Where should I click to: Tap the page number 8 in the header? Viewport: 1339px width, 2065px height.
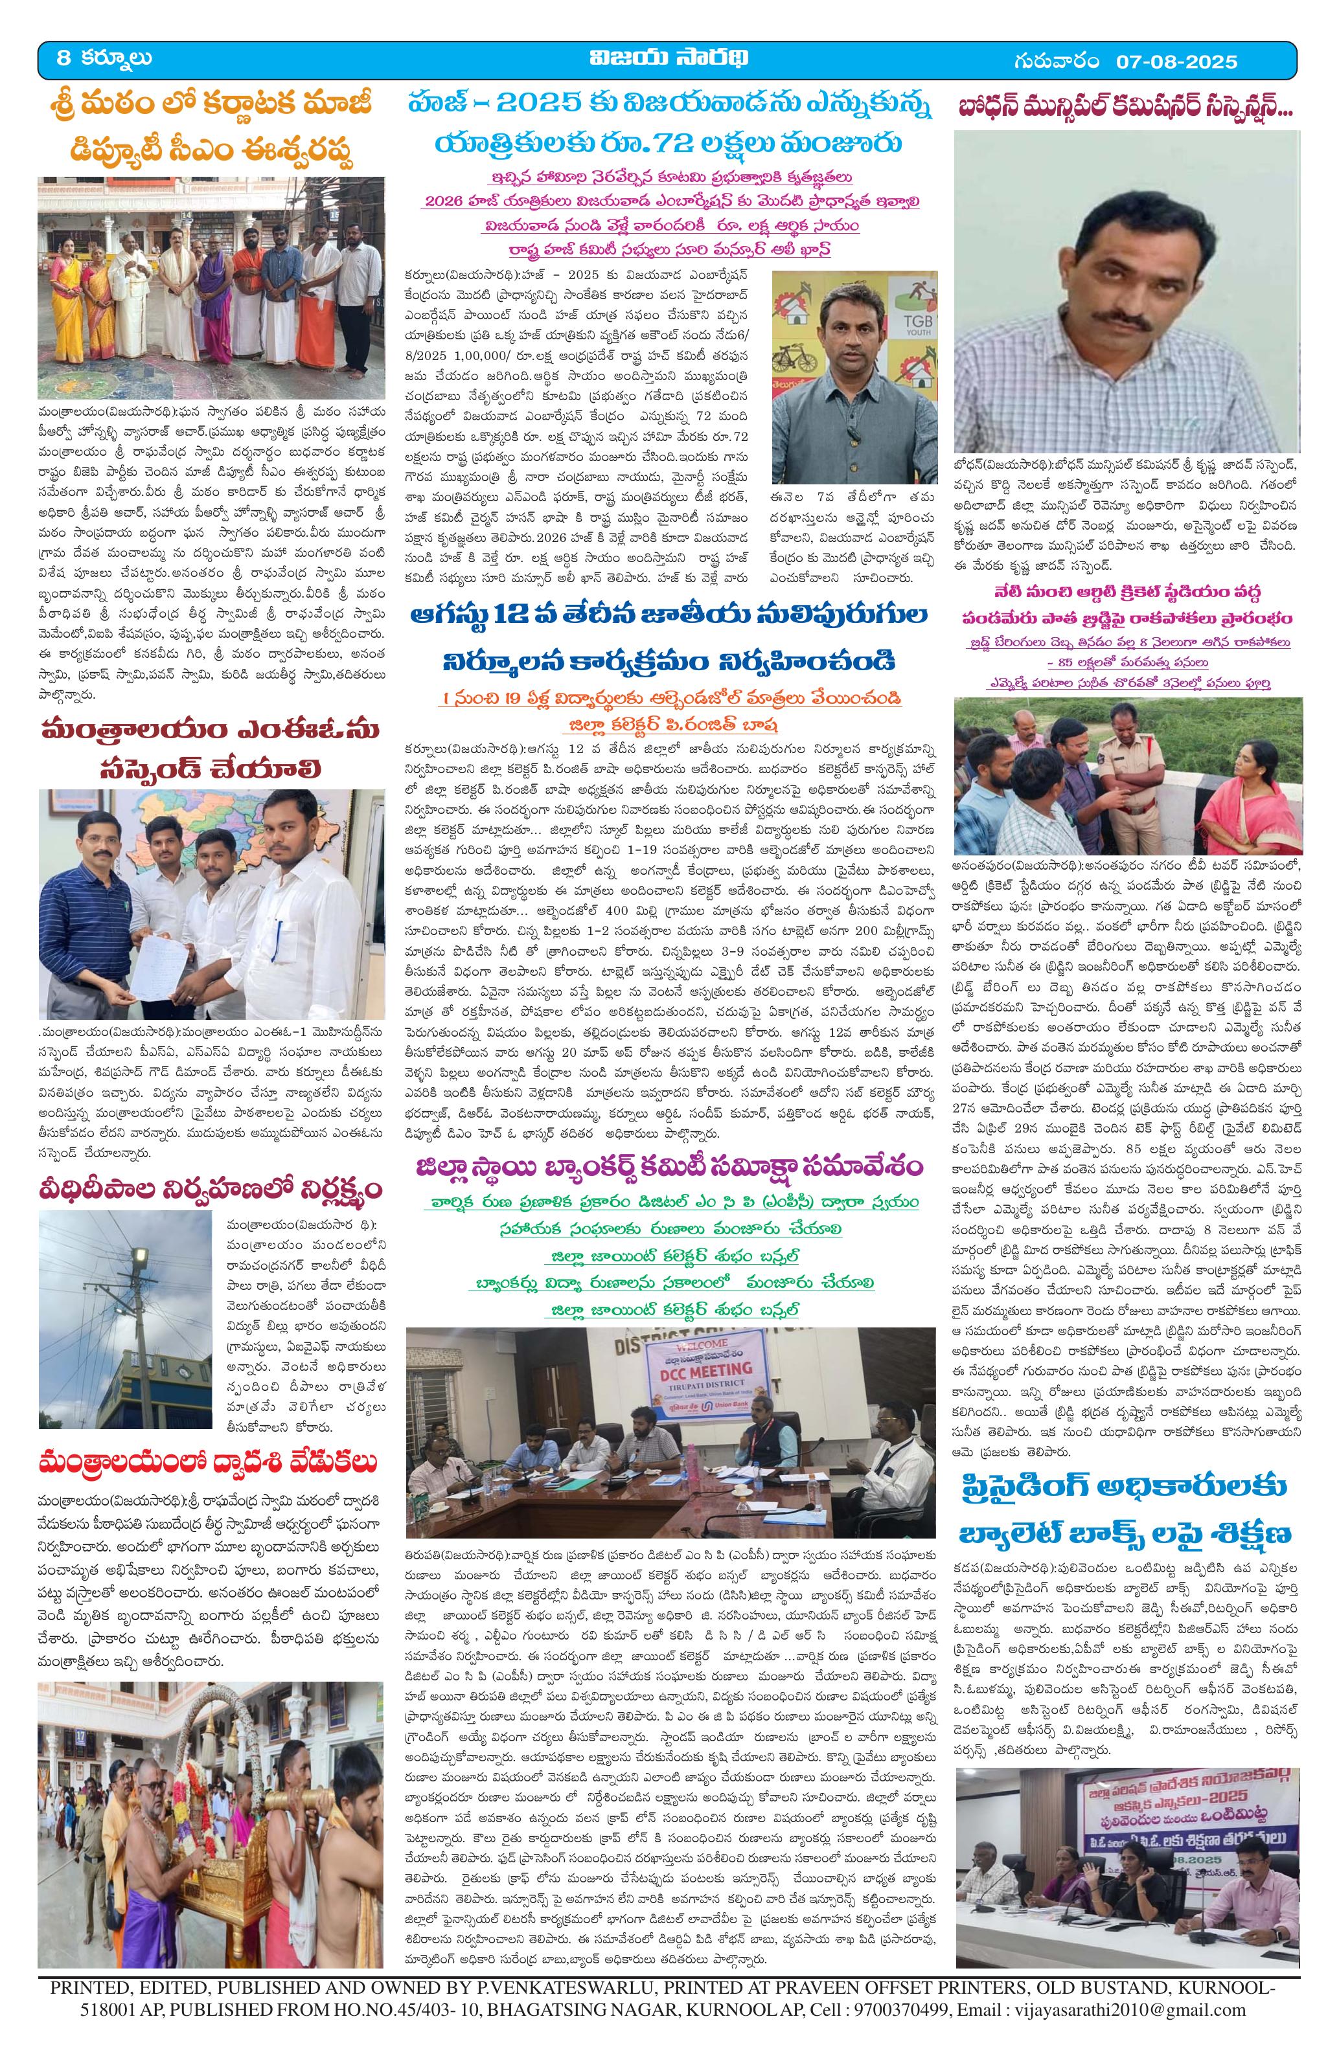pos(62,58)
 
